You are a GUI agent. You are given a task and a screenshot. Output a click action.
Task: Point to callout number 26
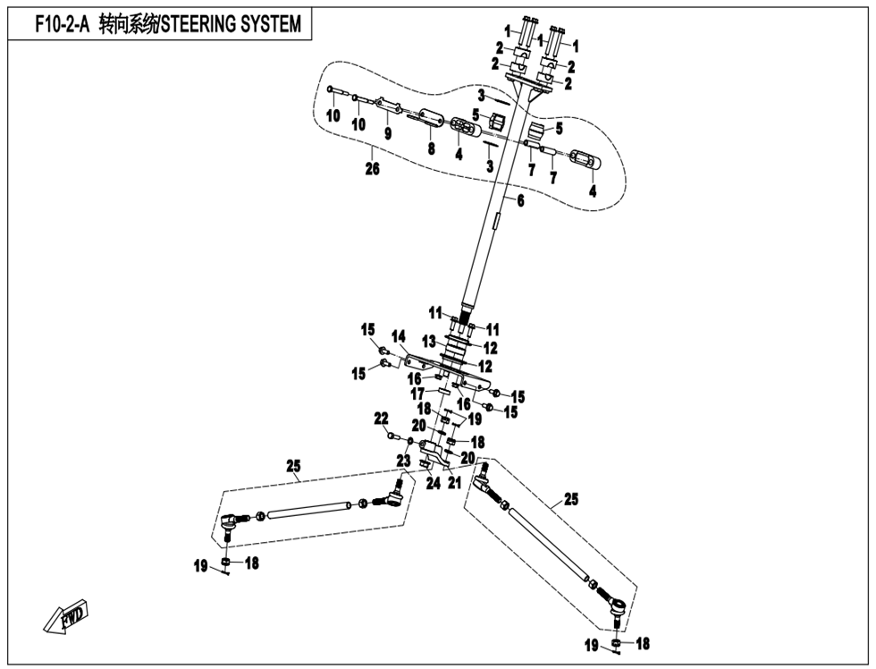372,168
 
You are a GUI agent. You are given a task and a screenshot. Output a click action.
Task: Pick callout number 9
388,133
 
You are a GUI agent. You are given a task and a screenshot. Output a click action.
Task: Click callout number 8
431,149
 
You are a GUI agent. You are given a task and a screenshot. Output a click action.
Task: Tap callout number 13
429,341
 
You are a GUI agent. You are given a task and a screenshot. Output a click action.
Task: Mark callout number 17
417,394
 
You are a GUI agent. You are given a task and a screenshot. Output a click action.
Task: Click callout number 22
381,418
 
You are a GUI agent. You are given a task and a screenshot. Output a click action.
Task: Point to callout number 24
433,484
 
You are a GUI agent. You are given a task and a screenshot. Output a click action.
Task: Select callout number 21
454,484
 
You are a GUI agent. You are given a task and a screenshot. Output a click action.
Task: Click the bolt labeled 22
392,436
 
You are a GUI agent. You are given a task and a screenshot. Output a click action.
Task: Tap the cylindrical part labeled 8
426,117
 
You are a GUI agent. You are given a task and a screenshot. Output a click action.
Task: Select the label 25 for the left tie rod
293,466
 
